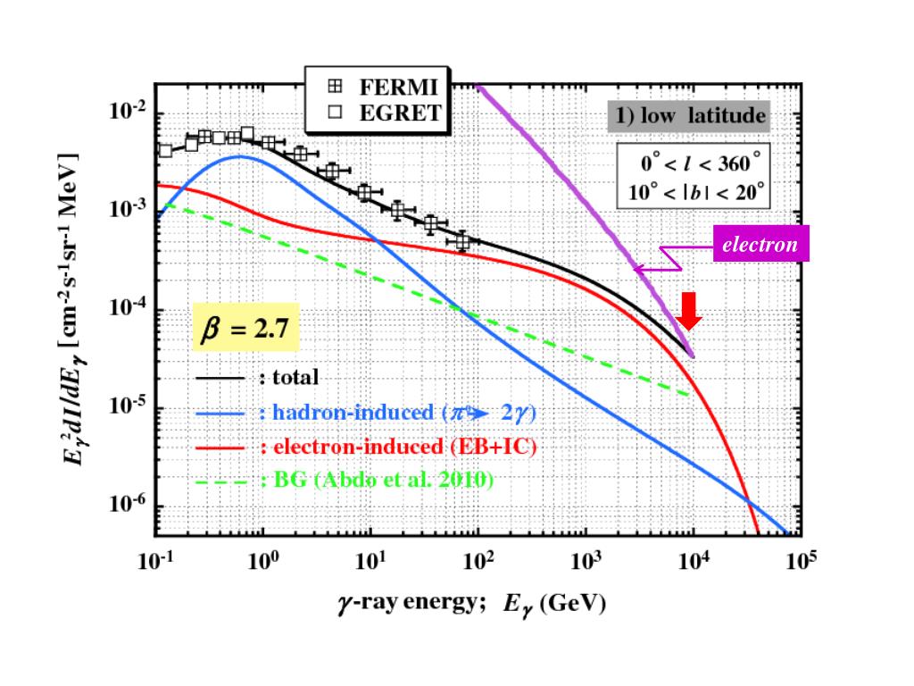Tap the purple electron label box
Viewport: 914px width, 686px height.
pos(760,244)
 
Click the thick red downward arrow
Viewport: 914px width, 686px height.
pos(689,312)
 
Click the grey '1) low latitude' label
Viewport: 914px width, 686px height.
pos(691,116)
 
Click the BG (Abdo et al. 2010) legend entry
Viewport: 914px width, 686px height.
pos(375,480)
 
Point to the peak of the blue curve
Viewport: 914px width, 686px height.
pos(239,156)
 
